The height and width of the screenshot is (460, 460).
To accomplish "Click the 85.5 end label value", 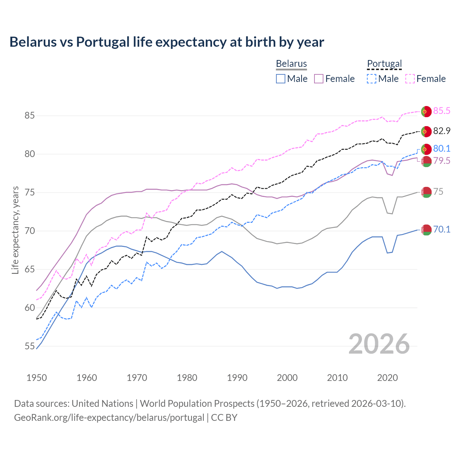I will click(442, 111).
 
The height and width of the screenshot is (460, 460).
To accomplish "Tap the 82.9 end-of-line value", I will click(442, 131).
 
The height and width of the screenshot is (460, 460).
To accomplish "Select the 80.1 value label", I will click(442, 149).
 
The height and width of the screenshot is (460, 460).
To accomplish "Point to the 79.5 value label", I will click(442, 161).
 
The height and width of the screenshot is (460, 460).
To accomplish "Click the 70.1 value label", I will click(442, 230).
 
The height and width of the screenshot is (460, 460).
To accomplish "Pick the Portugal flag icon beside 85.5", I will click(426, 111).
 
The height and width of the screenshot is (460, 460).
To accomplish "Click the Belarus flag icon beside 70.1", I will click(426, 230).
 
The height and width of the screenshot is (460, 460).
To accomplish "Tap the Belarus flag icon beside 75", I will click(426, 192).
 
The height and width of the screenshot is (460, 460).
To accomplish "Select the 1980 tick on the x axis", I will click(187, 378).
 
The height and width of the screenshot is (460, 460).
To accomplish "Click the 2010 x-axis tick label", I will click(337, 378).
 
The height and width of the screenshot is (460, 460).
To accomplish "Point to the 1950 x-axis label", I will click(37, 378).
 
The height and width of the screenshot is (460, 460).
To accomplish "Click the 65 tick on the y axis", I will click(29, 270).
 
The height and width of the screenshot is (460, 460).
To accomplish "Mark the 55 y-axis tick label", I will click(29, 346).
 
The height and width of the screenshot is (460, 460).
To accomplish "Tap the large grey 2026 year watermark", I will click(379, 344).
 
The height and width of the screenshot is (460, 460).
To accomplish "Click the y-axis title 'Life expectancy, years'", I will click(15, 230).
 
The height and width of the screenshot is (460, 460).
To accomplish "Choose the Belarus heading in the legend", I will click(291, 64).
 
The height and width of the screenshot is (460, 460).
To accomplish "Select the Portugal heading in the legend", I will click(384, 64).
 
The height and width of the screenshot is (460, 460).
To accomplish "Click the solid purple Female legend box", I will click(319, 79).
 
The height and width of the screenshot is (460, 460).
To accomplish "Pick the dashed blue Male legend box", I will click(372, 79).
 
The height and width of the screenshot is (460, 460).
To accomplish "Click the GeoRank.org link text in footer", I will click(109, 418).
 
